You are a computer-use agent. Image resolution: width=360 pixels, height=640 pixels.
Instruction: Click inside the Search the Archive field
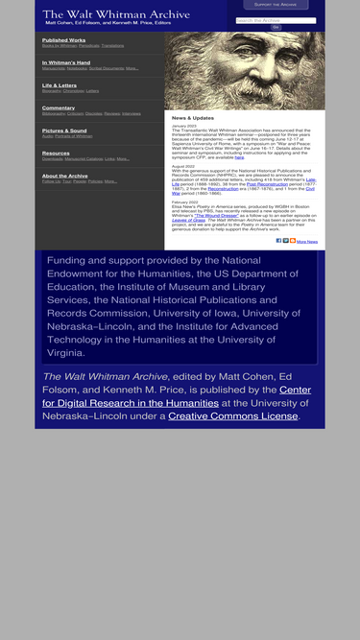(x=276, y=20)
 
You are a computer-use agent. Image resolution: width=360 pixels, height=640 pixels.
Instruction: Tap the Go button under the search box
(x=276, y=27)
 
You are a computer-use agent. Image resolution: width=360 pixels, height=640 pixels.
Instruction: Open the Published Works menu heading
(x=63, y=40)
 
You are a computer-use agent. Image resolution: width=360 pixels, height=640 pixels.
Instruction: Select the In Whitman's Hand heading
(x=66, y=62)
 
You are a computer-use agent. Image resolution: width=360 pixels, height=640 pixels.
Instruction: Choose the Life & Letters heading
(x=60, y=85)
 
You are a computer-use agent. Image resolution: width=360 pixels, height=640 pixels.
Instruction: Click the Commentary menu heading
(x=59, y=107)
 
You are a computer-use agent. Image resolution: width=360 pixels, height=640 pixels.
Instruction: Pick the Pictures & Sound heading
(x=64, y=130)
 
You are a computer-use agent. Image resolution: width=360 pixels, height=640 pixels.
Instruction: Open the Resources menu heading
(x=56, y=153)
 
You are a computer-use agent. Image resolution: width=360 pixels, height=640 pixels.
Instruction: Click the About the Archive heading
(x=65, y=176)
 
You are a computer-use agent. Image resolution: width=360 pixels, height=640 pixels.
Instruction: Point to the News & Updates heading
(x=193, y=117)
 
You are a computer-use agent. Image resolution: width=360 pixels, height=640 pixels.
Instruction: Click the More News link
(x=307, y=242)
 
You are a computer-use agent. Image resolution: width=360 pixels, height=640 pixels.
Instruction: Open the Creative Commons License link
(x=233, y=416)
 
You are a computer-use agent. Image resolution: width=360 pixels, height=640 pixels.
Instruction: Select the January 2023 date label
(x=184, y=126)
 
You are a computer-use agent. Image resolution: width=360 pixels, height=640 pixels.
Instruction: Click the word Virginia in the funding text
(x=71, y=352)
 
